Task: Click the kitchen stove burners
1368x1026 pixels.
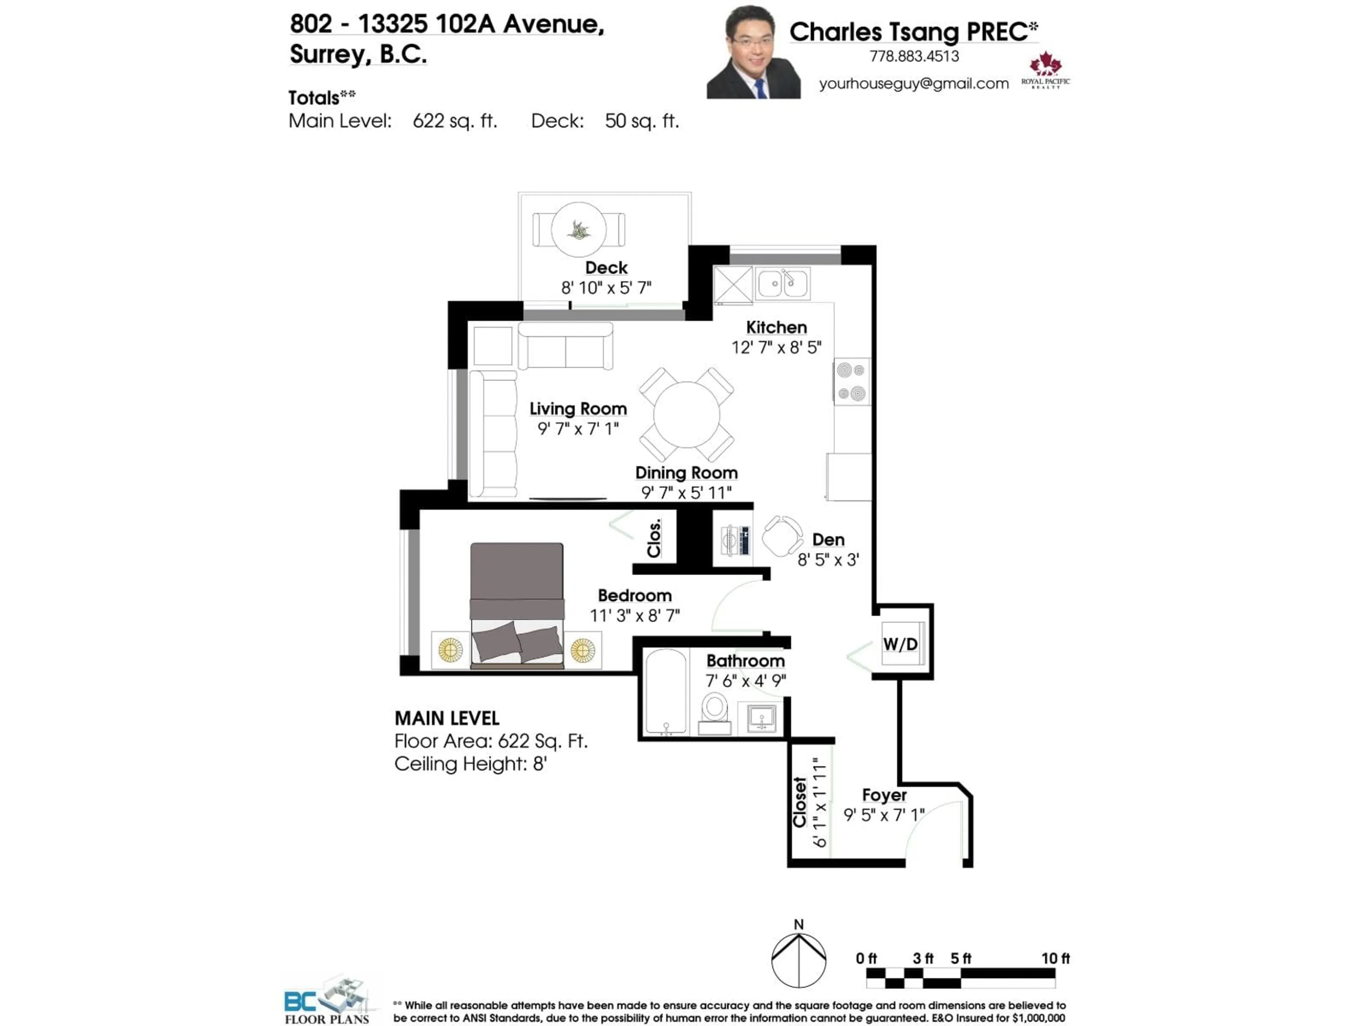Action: tap(851, 382)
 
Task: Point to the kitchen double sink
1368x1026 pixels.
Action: tap(782, 284)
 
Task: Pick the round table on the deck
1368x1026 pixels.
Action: tap(579, 229)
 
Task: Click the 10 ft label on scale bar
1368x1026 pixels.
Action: tap(1055, 958)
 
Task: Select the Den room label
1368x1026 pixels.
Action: tap(828, 540)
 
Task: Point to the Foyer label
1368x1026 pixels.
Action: tap(884, 795)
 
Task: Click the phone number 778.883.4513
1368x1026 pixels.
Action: tap(914, 56)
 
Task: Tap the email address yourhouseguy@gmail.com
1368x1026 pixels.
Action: tap(913, 83)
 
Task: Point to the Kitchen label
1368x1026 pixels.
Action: tap(776, 327)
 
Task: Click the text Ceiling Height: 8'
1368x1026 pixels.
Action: tap(471, 764)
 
